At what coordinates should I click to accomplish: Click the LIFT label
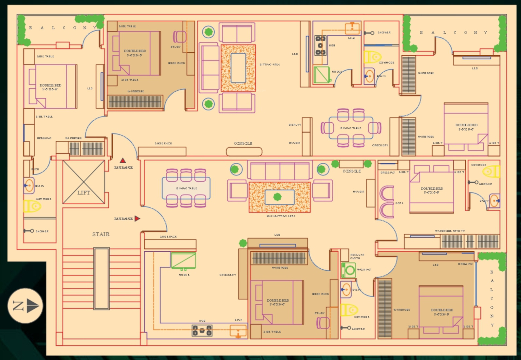tap(84, 193)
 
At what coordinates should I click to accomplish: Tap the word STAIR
tap(101, 234)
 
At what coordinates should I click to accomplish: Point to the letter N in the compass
tap(18, 306)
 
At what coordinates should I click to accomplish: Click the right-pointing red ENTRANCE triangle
tap(137, 218)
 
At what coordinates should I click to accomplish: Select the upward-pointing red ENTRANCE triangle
tap(123, 160)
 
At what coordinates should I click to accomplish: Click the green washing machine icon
tap(348, 270)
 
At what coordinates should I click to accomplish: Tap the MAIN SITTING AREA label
tap(281, 216)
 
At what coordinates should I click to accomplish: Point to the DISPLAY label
tap(295, 125)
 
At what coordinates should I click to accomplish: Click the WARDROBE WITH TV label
tap(449, 231)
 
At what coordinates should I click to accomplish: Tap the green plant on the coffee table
tap(277, 197)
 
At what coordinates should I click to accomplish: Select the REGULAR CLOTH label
tap(357, 256)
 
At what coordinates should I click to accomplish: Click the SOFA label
tap(399, 203)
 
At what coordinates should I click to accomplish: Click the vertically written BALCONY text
tap(492, 298)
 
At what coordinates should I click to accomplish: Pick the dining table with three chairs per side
tap(186, 188)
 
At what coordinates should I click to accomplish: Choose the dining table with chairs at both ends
tap(351, 128)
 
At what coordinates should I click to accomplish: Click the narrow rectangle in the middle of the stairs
tap(102, 279)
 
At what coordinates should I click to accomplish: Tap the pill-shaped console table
tap(244, 152)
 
